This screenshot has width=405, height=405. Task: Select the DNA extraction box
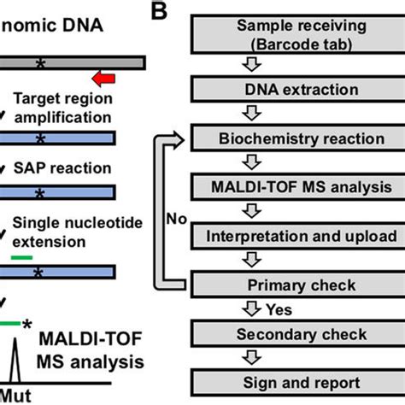point(296,89)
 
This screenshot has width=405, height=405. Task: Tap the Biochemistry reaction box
point(296,137)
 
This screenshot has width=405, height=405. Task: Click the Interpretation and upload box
point(296,235)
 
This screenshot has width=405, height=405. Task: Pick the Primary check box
point(296,284)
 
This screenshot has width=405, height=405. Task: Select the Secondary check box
point(296,332)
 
